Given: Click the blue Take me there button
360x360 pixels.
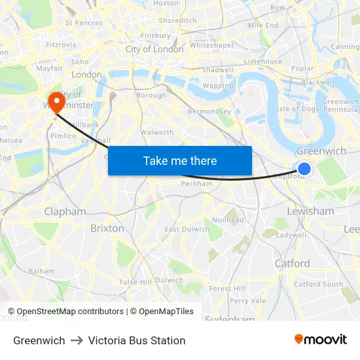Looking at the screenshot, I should pyautogui.click(x=180, y=160).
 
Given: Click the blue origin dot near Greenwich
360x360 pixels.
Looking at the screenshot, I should pyautogui.click(x=304, y=169).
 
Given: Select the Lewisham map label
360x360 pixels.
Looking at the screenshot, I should pyautogui.click(x=310, y=211).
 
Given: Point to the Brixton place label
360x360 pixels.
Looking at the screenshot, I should pyautogui.click(x=107, y=228).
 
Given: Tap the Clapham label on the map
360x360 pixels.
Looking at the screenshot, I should pyautogui.click(x=65, y=211).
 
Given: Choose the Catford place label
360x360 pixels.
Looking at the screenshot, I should pyautogui.click(x=292, y=263).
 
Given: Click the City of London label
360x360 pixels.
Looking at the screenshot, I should pyautogui.click(x=154, y=49).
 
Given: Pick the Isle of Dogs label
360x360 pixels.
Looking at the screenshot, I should pyautogui.click(x=298, y=109).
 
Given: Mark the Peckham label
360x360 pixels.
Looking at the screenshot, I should pyautogui.click(x=196, y=184).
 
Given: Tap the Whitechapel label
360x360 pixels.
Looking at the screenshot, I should pyautogui.click(x=211, y=45).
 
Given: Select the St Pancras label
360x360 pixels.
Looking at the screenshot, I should pyautogui.click(x=84, y=22).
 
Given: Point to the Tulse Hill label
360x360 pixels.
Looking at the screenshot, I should pyautogui.click(x=135, y=281).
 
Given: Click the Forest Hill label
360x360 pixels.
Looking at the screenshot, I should pyautogui.click(x=226, y=288).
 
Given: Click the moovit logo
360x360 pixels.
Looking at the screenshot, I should pyautogui.click(x=321, y=340).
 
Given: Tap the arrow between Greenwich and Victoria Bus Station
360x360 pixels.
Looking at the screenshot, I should pyautogui.click(x=77, y=340).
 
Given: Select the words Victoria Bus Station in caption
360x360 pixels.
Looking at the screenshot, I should pyautogui.click(x=137, y=340).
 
